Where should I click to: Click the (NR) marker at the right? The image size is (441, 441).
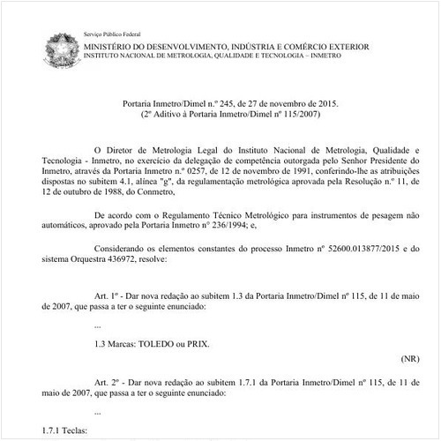[408, 360]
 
